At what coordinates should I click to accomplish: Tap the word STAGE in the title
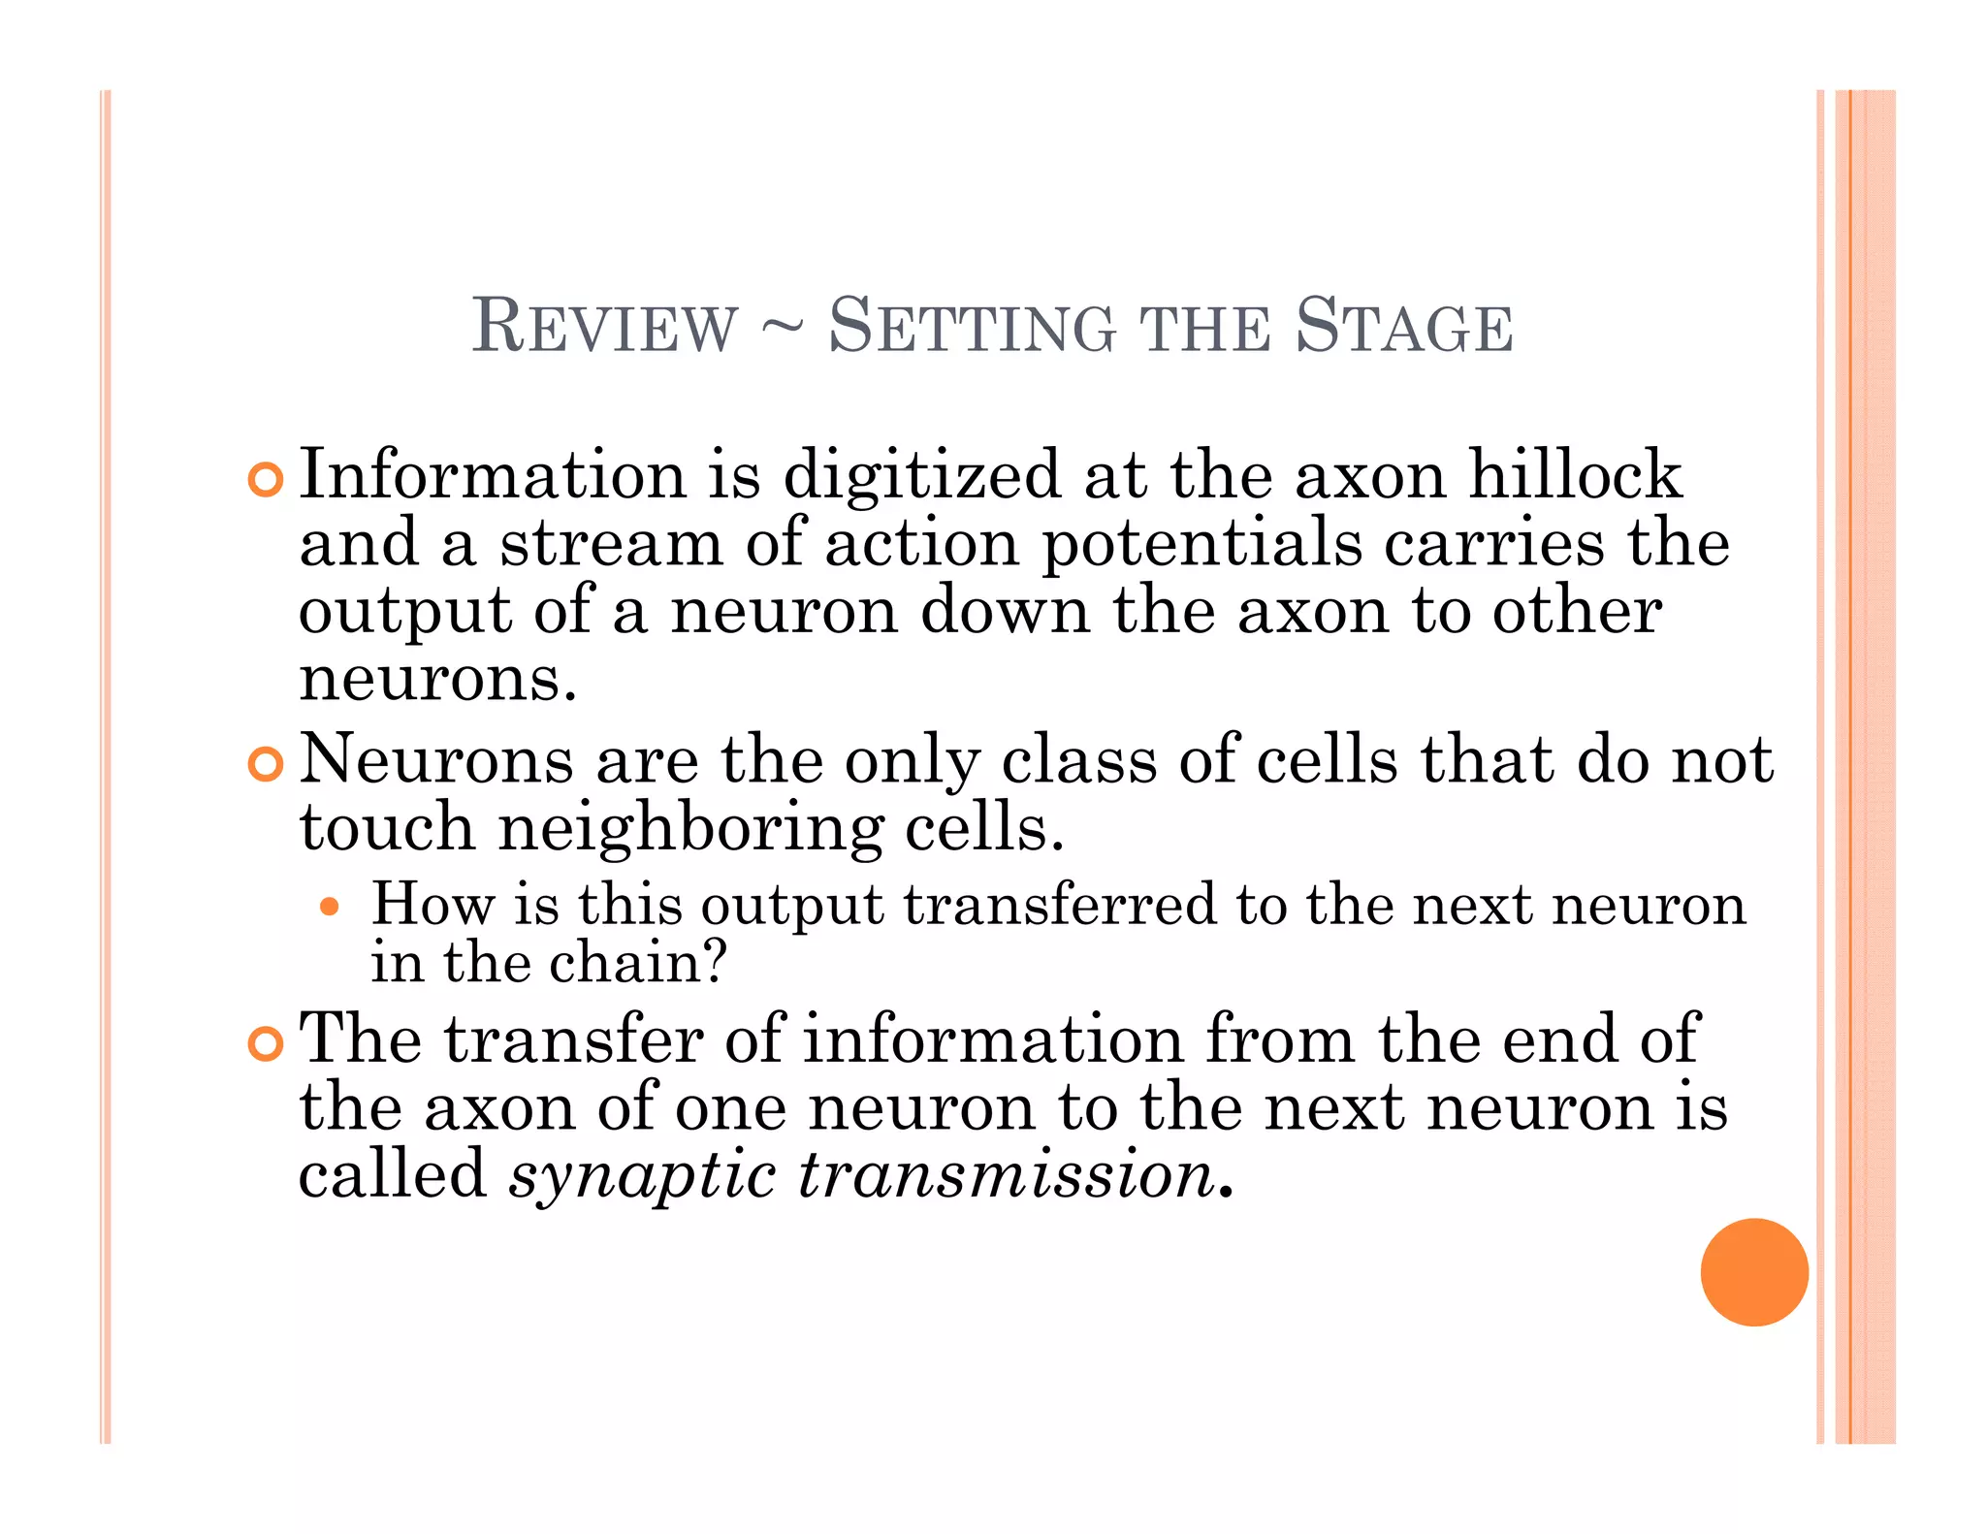[1403, 326]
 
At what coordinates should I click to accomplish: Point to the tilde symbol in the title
[783, 328]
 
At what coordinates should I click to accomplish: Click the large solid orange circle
[1753, 1271]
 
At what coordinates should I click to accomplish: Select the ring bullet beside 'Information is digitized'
[265, 479]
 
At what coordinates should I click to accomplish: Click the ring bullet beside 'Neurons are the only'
[265, 764]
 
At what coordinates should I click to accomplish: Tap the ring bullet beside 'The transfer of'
[265, 1043]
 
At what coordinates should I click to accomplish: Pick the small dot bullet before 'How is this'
[331, 907]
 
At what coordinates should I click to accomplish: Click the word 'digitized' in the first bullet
[921, 477]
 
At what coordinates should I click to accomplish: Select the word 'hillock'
[1575, 475]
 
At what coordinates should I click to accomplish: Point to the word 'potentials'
[1201, 543]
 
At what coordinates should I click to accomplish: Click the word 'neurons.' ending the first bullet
[437, 678]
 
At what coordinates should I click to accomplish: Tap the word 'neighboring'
[690, 830]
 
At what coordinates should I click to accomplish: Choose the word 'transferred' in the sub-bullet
[1059, 904]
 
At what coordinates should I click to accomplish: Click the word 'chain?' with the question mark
[638, 963]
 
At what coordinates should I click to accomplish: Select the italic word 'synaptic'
[643, 1176]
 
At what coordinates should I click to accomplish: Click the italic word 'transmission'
[1008, 1174]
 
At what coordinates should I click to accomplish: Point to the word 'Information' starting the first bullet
[493, 475]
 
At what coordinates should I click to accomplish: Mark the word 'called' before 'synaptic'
[393, 1174]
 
